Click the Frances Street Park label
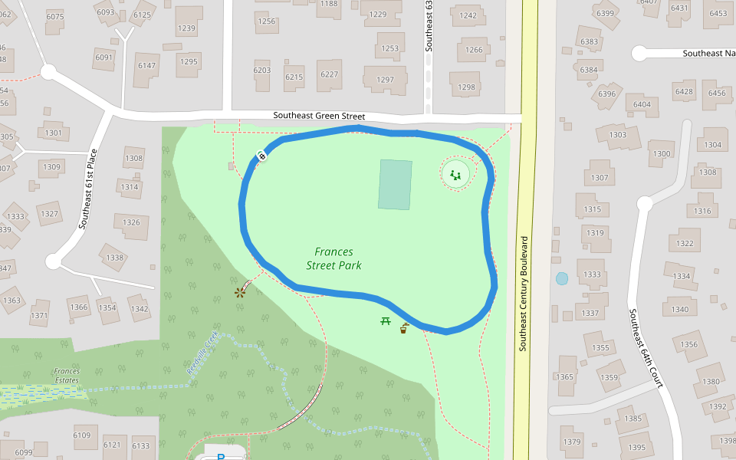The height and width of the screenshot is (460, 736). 333,258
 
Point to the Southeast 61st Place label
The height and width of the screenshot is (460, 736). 88,189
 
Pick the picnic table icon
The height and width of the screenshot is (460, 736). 385,320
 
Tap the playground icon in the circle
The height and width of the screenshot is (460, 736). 455,175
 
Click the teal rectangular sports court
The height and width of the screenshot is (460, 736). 395,184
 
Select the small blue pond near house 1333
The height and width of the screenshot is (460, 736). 562,278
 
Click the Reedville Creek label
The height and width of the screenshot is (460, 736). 202,353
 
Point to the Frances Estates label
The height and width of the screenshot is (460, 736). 67,376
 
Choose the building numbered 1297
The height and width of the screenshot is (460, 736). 385,80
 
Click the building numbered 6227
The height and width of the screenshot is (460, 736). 330,74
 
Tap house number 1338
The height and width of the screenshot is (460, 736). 115,258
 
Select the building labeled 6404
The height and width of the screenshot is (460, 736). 642,104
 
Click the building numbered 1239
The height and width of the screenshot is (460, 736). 186,28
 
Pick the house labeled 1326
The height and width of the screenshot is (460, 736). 131,222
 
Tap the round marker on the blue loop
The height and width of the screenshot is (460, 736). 261,157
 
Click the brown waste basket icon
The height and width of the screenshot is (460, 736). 403,329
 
